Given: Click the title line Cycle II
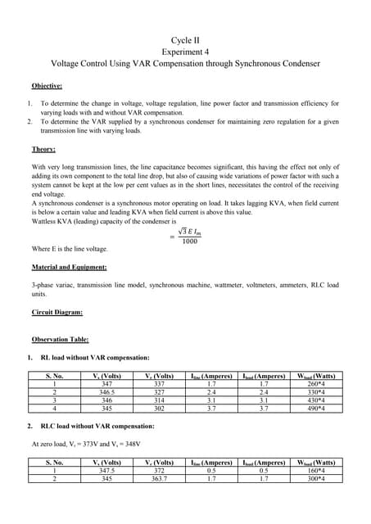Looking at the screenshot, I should [185, 39].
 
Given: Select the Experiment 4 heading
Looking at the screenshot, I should [185, 51].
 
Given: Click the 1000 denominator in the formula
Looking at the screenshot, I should [189, 242].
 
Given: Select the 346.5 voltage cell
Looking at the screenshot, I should [106, 391].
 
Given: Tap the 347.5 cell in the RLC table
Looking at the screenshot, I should [106, 471].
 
